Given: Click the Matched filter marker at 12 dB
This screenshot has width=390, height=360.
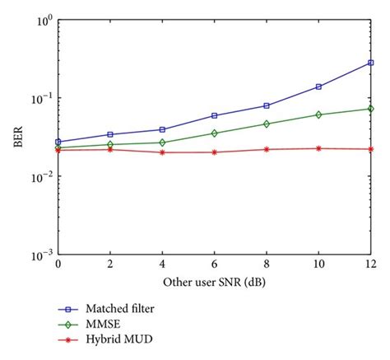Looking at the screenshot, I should click(370, 63).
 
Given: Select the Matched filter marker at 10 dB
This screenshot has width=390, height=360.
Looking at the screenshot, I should click(318, 86).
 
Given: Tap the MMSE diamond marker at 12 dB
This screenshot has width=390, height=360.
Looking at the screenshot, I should click(370, 109).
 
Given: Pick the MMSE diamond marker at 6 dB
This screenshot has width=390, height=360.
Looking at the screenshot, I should click(214, 133).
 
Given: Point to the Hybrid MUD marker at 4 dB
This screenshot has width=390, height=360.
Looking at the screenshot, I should click(162, 152).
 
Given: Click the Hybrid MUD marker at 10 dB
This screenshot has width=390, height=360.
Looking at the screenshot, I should click(318, 148).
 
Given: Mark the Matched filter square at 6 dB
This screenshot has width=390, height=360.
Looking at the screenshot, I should click(214, 116).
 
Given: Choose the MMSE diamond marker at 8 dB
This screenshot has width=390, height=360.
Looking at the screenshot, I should click(266, 124).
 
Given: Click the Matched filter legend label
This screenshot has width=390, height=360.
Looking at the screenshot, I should click(131, 309).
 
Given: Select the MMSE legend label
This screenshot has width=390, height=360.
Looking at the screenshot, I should click(116, 323).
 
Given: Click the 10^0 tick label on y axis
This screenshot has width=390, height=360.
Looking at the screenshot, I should click(42, 19).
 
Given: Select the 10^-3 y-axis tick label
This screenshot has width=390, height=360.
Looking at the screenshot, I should click(40, 255).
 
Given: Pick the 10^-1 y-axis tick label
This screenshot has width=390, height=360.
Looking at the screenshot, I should click(40, 97).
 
